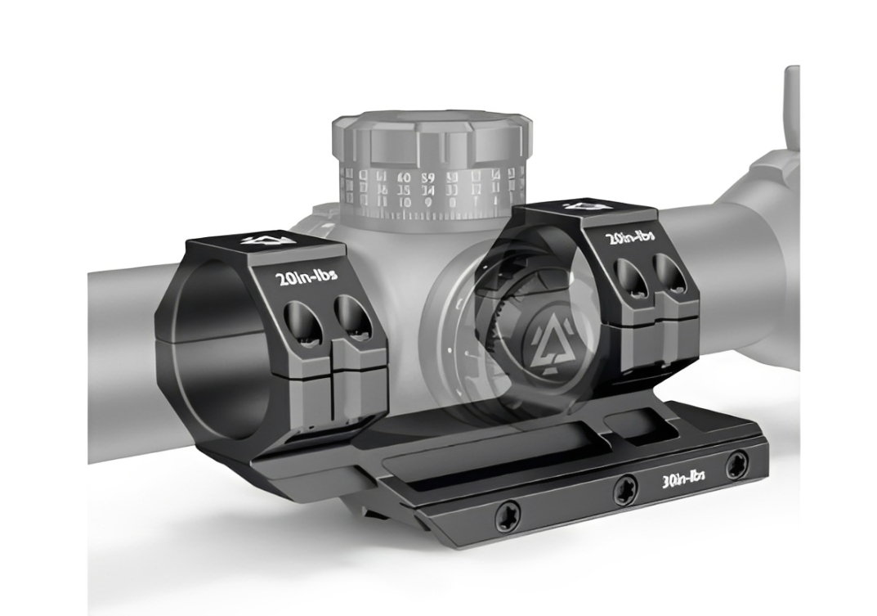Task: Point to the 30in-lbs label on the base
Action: [683, 477]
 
